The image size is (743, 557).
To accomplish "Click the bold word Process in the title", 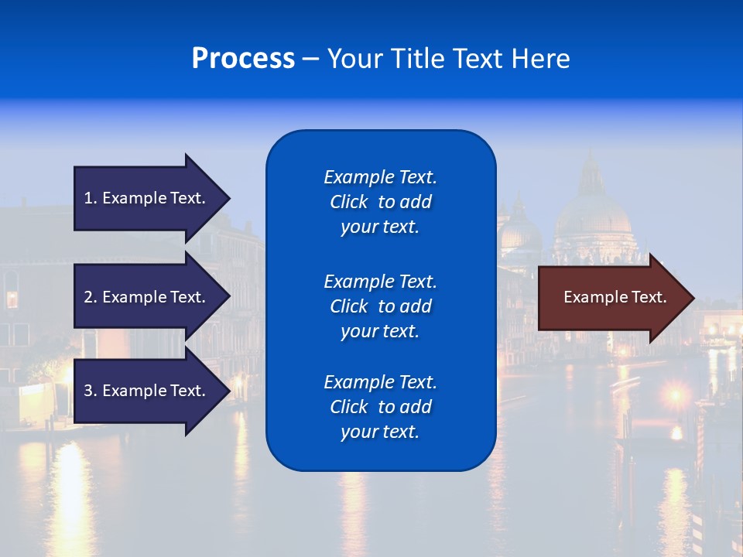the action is click(243, 59).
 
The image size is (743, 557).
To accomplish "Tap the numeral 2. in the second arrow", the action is click(91, 297).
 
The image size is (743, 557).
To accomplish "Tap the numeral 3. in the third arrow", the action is click(91, 391).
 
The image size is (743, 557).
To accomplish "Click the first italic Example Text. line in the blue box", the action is click(380, 177).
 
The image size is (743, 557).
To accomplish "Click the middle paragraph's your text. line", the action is click(380, 331).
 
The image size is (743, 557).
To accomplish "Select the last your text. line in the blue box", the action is click(380, 432).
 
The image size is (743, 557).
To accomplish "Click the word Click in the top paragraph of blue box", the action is click(349, 202).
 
